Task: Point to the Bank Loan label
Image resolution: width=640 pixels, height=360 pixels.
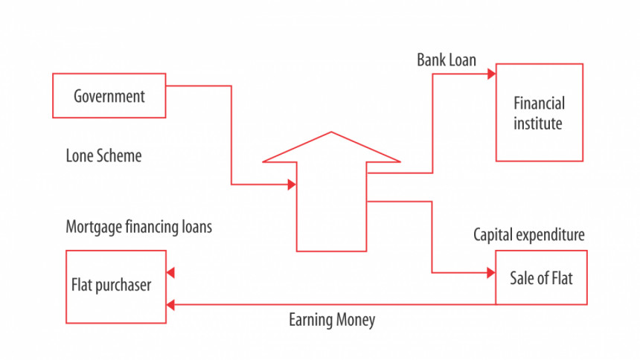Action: (447, 60)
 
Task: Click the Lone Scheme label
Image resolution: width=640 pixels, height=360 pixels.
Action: (103, 155)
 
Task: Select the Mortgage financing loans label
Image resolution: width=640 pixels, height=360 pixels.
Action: (138, 227)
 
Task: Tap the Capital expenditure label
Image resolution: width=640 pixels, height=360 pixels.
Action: (529, 235)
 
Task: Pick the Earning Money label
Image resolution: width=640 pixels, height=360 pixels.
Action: (332, 320)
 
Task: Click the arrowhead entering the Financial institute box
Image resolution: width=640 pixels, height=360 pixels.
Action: (491, 74)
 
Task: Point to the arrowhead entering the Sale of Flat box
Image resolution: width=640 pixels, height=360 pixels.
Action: (491, 273)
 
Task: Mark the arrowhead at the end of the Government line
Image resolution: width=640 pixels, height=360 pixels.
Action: (292, 184)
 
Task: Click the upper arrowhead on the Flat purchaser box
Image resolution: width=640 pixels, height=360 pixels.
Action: (170, 273)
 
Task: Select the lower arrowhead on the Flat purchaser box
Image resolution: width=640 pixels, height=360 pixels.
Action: (170, 304)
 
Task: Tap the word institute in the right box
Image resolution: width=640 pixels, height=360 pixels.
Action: (537, 123)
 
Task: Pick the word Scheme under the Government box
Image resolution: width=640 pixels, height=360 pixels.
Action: (120, 155)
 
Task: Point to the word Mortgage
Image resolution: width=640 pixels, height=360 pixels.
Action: (94, 227)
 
